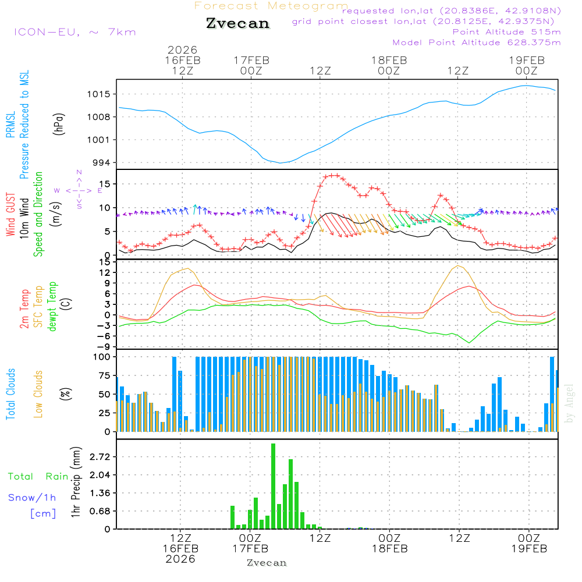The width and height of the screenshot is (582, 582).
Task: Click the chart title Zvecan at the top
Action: tap(237, 24)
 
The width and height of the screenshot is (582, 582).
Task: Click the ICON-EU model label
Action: tap(74, 32)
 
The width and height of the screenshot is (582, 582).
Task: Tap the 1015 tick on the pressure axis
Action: tap(100, 94)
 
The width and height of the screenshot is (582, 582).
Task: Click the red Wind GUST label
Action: tap(10, 215)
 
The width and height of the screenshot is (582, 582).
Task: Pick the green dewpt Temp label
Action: tap(52, 307)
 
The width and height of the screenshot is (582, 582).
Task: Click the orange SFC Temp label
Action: tap(38, 307)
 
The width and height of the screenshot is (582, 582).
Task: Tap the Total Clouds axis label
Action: tap(10, 394)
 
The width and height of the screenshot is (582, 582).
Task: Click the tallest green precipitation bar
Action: tap(273, 486)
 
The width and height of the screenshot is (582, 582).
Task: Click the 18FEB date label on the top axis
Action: tap(389, 60)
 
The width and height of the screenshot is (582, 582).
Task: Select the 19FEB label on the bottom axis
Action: tap(528, 549)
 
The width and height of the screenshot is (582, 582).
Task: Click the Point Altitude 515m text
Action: tap(506, 32)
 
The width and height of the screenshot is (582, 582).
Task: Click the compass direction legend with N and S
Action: tap(79, 190)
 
